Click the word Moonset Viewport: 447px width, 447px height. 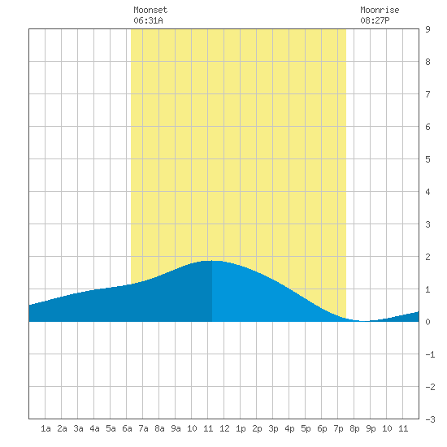(150, 10)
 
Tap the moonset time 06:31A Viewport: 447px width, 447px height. (148, 20)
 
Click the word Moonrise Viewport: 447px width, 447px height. (380, 10)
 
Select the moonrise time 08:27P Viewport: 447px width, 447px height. (375, 20)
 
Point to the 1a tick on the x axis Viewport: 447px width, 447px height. (46, 428)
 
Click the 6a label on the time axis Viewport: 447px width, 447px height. (127, 428)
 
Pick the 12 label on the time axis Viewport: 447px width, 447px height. (224, 428)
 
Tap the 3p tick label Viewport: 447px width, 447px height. (273, 428)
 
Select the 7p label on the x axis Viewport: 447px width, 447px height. (338, 428)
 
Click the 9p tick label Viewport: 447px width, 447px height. (371, 428)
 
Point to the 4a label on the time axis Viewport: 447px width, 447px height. (94, 428)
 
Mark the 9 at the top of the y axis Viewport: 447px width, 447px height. (427, 29)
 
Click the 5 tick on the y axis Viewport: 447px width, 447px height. (427, 159)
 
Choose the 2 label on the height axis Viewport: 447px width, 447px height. (427, 257)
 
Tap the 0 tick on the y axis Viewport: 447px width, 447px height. (427, 322)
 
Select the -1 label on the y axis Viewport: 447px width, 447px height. (430, 354)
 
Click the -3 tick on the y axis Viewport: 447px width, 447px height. (430, 419)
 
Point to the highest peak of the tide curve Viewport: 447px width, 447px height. (212, 261)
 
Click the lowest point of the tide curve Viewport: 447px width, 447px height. (364, 321)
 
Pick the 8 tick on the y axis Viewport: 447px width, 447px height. (427, 62)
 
